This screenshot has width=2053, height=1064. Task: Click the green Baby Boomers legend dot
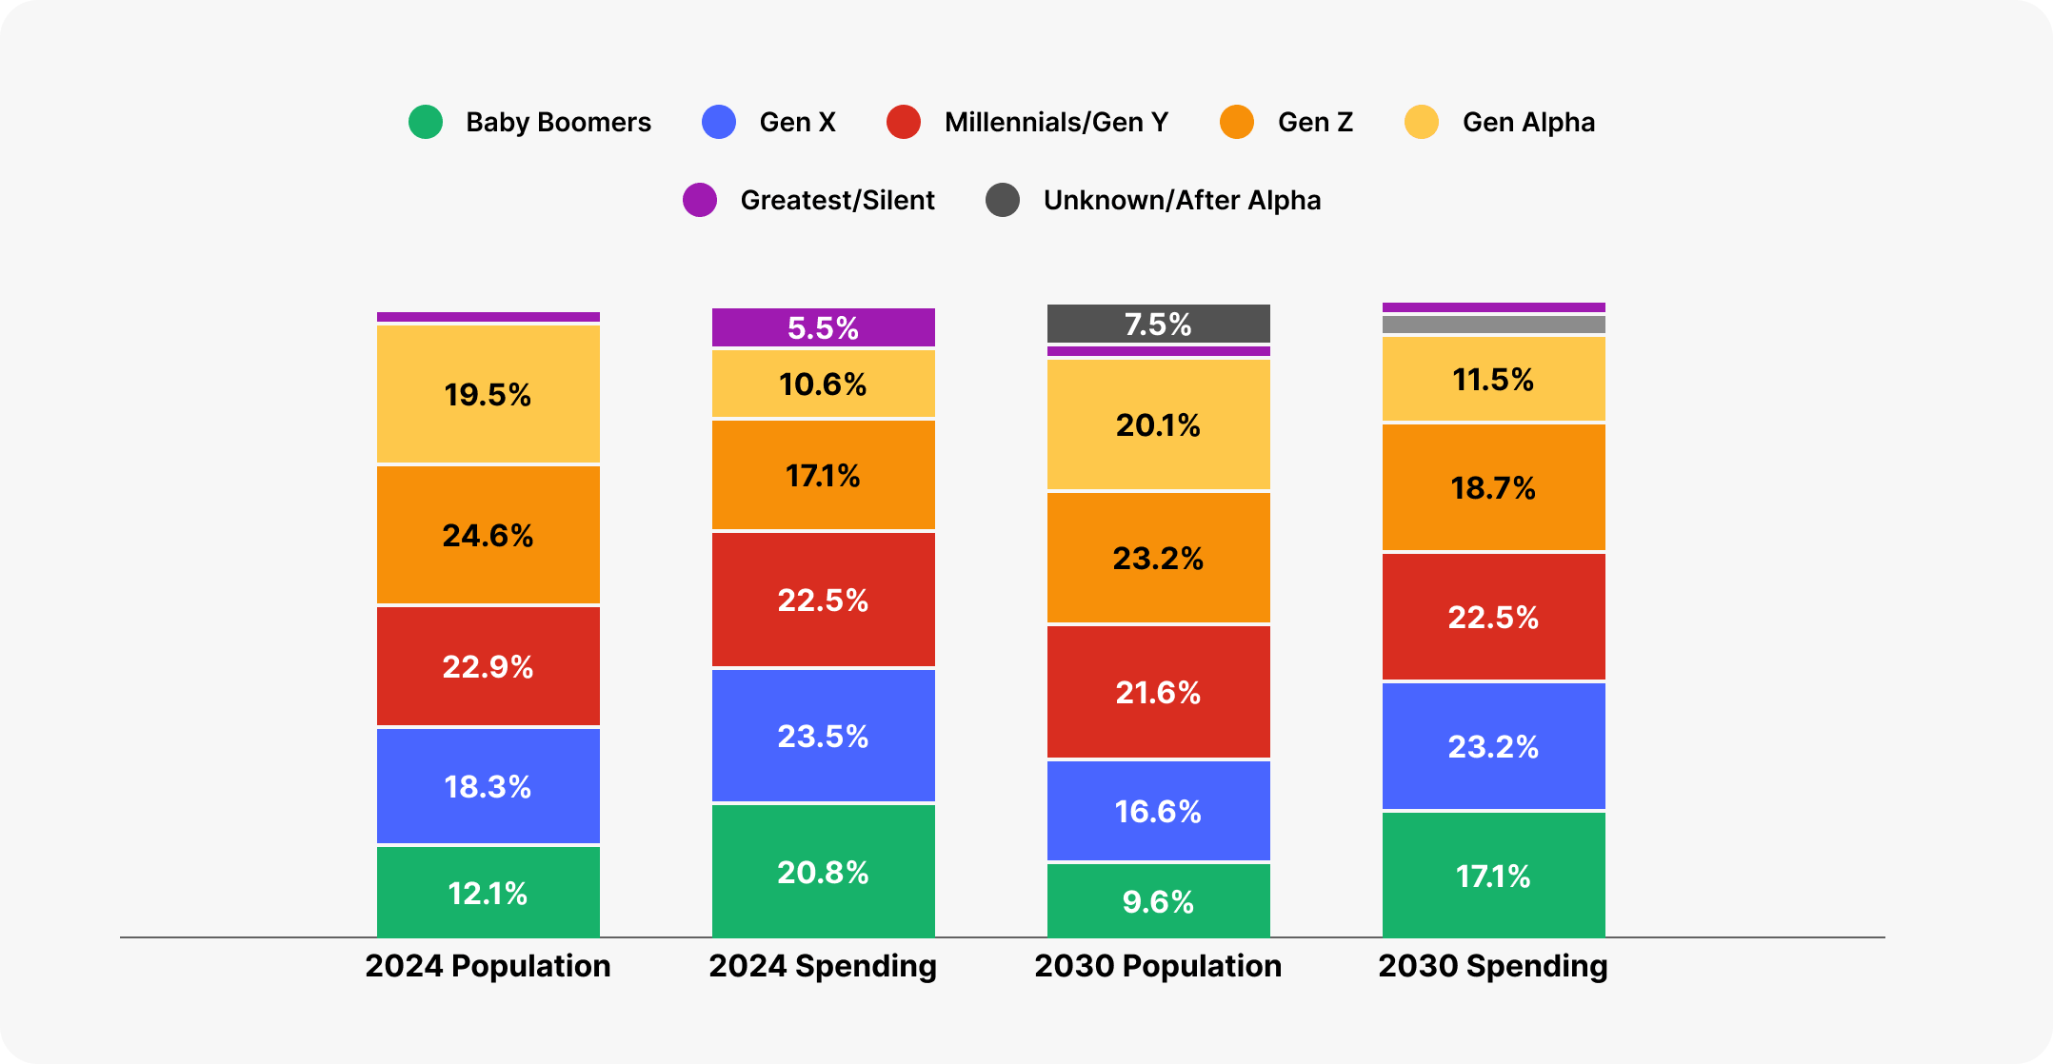426,122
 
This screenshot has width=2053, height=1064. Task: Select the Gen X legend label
797,122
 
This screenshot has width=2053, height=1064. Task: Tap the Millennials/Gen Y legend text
1055,122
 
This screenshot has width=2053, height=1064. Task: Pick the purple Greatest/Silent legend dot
700,200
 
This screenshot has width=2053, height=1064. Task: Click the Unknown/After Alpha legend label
1182,200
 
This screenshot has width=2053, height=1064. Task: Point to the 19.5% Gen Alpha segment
488,394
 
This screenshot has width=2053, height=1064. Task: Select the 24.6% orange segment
488,535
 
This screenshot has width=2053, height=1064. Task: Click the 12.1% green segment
488,893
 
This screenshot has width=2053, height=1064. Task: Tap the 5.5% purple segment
823,327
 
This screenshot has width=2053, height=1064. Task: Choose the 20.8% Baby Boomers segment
823,872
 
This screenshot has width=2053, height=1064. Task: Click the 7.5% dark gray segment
1158,324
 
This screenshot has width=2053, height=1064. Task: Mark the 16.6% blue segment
1158,811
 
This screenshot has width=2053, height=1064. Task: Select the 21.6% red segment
1158,692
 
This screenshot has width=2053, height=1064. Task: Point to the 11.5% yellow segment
1493,379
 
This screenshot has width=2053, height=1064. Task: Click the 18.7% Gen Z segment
1493,487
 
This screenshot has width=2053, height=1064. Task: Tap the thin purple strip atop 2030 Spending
1493,307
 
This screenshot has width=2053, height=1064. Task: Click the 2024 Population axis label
488,966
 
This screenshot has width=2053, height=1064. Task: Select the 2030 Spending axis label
1493,966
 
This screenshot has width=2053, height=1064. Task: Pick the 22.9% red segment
488,666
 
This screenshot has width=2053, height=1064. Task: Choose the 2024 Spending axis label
823,966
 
